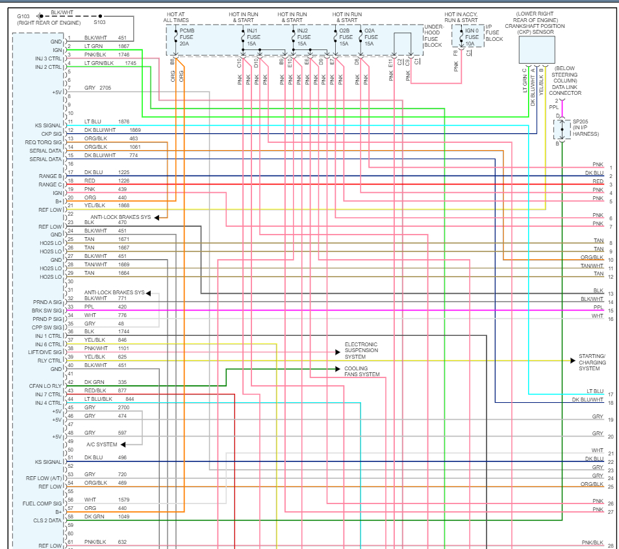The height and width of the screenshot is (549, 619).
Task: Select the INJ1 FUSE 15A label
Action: point(253,37)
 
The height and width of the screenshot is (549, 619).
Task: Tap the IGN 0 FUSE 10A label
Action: point(473,37)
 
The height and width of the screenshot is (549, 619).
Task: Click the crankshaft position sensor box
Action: point(537,49)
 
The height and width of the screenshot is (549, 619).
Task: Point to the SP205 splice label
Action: point(582,127)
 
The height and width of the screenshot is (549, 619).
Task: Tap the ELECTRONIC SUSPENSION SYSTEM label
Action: point(361,351)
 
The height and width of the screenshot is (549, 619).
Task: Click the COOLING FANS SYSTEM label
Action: point(362,371)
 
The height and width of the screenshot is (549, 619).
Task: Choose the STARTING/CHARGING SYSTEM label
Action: point(592,363)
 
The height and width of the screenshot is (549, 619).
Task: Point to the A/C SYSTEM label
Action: point(102,444)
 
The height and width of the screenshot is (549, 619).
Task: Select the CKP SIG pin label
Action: point(51,134)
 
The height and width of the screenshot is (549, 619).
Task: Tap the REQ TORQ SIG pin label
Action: point(44,142)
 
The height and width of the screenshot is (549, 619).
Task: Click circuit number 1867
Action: point(124,46)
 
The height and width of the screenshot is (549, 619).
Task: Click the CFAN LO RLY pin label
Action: point(45,386)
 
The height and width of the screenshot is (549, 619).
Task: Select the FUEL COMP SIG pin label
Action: point(43,504)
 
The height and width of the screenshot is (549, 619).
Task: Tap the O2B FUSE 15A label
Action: point(345,37)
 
